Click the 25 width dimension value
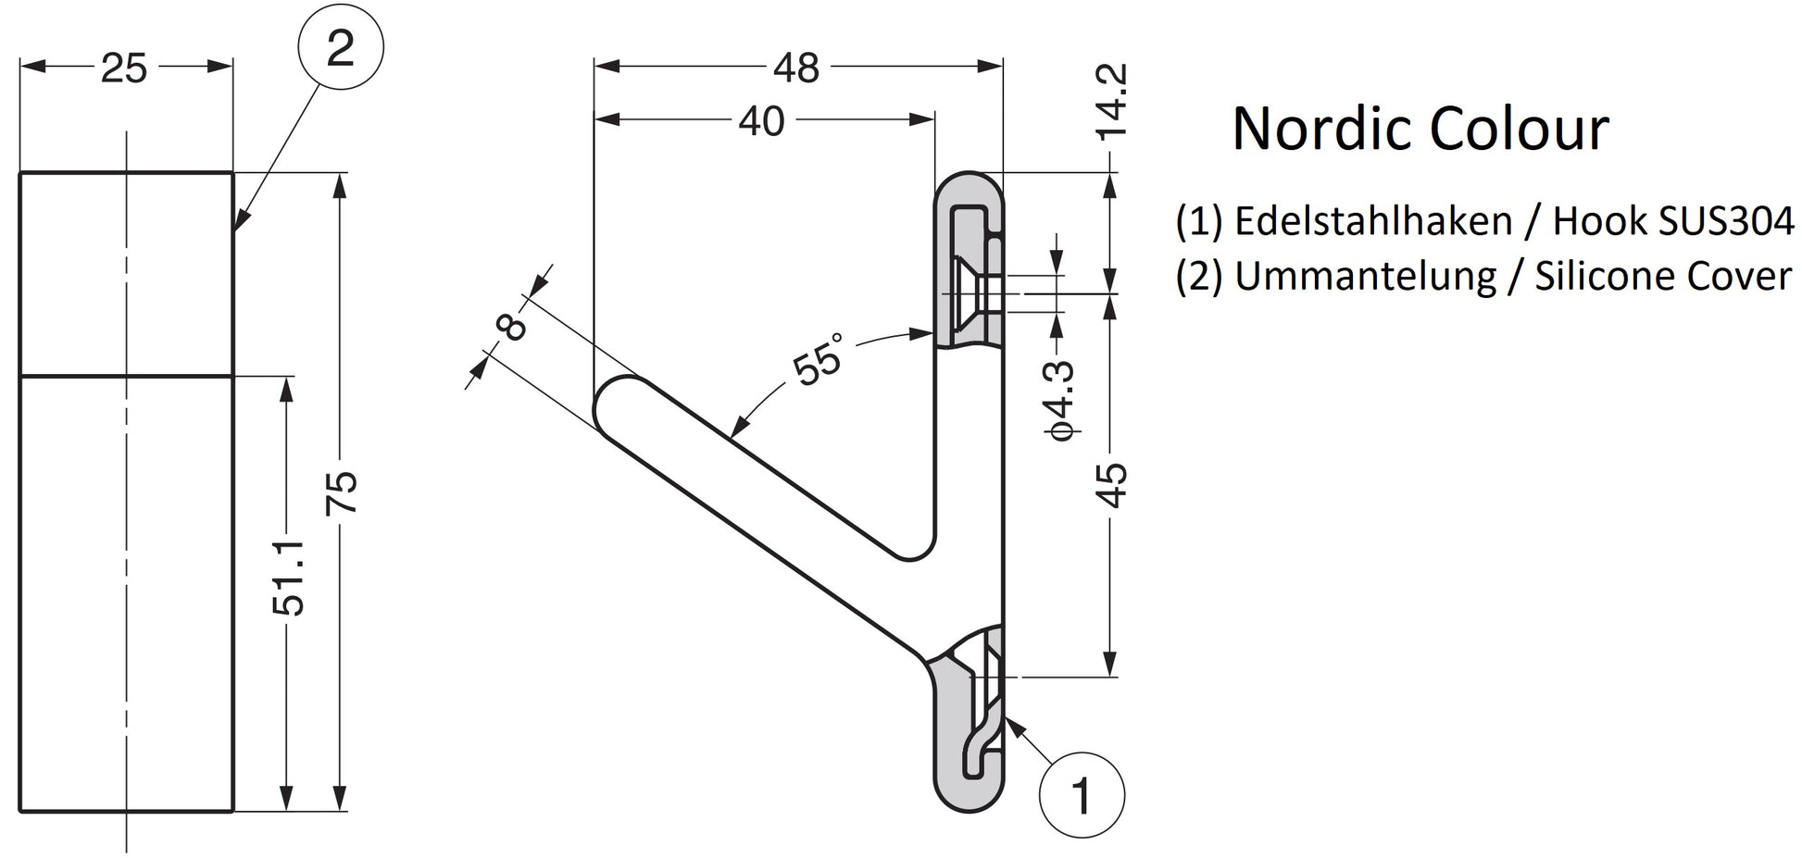coord(124,68)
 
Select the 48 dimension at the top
coord(795,68)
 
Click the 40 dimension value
coord(761,121)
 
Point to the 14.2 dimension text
coord(1111,101)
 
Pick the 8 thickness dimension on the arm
coord(511,326)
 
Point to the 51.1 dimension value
coord(289,578)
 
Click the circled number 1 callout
coord(1082,795)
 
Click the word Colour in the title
coord(1520,129)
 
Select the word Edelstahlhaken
coord(1373,221)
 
